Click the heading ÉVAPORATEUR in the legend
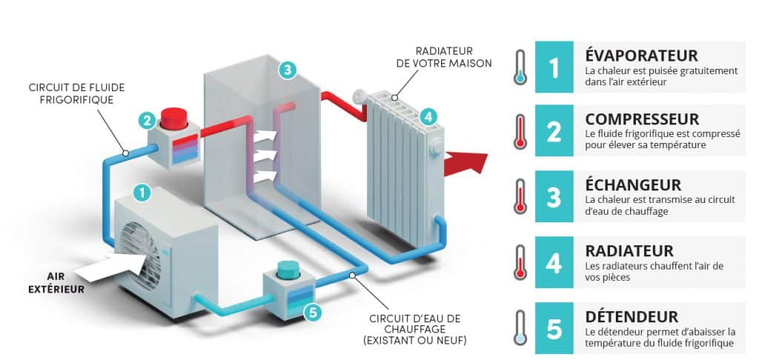click(641, 56)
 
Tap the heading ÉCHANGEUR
click(632, 184)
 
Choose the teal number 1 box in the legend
click(554, 67)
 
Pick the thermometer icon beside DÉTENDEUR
click(521, 330)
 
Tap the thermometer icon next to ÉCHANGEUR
click(521, 199)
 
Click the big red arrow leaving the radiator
click(465, 159)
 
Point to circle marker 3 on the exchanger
click(287, 70)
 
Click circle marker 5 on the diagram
click(313, 313)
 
